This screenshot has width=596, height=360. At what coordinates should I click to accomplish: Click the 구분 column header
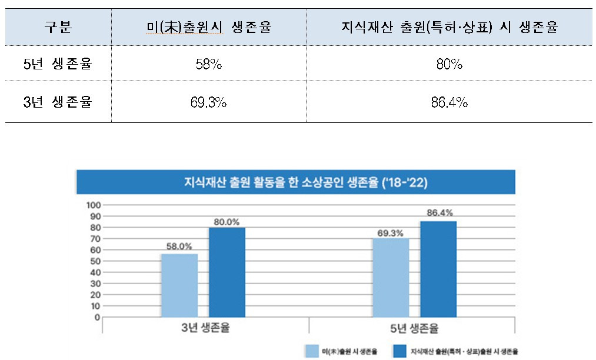(58, 28)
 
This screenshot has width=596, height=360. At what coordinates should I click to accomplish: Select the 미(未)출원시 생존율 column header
(209, 28)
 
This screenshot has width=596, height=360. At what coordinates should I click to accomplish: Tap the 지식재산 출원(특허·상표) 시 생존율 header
(449, 28)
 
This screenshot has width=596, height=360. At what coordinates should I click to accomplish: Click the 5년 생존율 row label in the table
(58, 64)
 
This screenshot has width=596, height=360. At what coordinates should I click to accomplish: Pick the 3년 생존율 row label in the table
(58, 102)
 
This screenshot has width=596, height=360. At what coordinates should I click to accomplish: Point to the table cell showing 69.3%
(209, 103)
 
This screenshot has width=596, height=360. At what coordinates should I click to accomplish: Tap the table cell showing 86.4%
(449, 103)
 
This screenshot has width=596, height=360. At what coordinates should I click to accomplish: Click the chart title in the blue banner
(295, 182)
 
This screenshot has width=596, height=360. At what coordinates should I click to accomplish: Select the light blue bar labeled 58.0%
(179, 285)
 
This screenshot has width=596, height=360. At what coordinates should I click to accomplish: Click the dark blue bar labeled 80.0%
(227, 272)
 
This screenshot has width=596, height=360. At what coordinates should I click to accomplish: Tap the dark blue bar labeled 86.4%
(438, 269)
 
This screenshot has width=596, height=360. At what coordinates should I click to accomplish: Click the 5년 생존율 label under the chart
(415, 327)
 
